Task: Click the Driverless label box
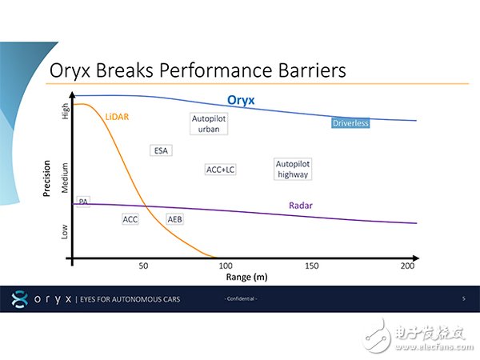[x=350, y=123]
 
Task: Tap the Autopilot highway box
[x=292, y=168]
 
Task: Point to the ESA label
[x=161, y=150]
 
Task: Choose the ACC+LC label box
[x=220, y=170]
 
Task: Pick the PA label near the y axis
[x=83, y=202]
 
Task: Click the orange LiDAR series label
[x=117, y=116]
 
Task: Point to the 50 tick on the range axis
[x=143, y=266]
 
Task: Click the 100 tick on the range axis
[x=226, y=266]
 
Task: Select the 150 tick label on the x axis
[x=313, y=266]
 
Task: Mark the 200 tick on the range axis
[x=406, y=266]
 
